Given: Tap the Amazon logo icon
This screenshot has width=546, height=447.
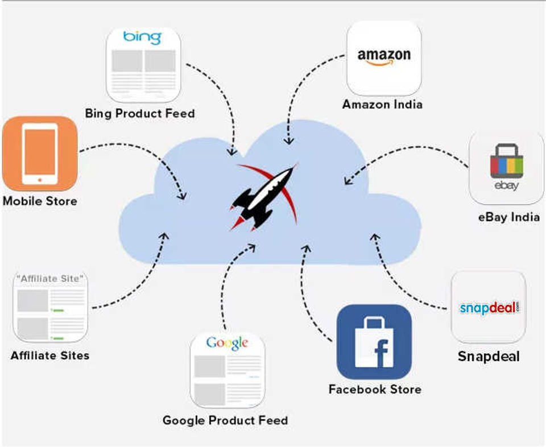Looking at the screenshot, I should coord(384,59).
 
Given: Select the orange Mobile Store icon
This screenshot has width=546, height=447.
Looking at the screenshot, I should coord(39,154).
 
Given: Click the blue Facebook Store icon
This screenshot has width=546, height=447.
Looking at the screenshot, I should coord(374,342).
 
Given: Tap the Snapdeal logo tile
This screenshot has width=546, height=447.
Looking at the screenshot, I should coord(489,307).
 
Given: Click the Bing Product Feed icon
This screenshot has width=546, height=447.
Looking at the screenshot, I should coord(143,64).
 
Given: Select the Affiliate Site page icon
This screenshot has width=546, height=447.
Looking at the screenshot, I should coord(50,307).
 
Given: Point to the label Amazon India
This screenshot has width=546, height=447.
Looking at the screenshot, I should coord(382,105).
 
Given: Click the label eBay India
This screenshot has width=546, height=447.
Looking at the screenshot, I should coord(508,217).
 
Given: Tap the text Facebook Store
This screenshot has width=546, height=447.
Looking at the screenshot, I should coord(375,390).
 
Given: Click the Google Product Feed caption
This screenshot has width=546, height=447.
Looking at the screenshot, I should coord(225,421).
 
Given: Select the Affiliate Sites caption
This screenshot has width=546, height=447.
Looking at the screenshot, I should coord(50,356).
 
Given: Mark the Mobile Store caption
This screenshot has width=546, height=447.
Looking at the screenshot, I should coord(40,201).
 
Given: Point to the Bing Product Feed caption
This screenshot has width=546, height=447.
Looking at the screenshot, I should coord(140,113).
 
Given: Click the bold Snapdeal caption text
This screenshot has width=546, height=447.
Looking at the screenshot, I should coord(489,357).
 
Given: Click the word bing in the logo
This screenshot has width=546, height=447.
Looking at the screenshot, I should coord(142,38).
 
